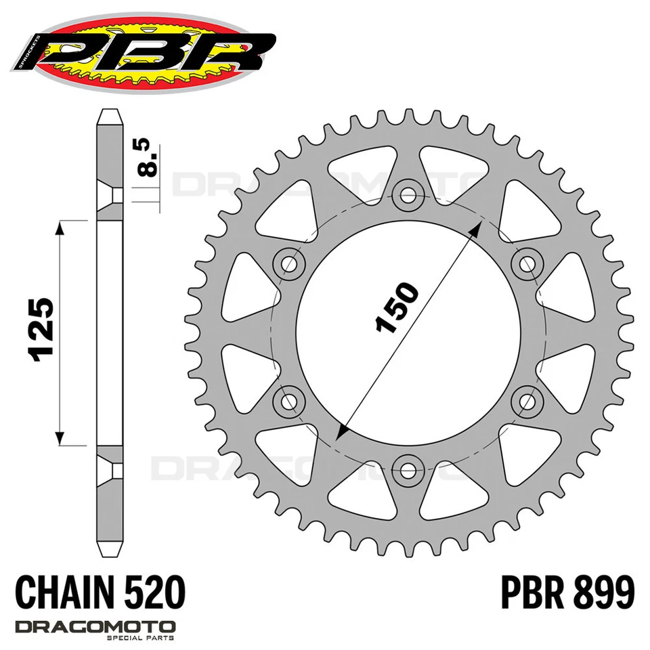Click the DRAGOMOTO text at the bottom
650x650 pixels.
95,626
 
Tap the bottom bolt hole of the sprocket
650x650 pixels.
408,467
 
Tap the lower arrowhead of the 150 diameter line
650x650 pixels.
342,433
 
